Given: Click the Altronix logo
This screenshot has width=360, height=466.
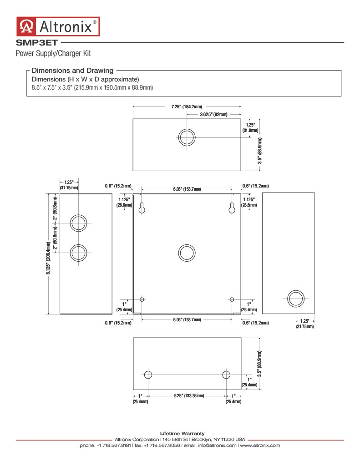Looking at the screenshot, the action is click(x=58, y=26).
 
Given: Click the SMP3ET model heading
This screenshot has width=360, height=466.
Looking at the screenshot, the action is click(x=36, y=43).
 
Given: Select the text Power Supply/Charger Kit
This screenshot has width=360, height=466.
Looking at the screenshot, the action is click(x=53, y=54).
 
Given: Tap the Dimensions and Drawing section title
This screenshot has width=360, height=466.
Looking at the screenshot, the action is click(x=72, y=71).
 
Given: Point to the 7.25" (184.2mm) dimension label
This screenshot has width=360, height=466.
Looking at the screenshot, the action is click(x=187, y=106).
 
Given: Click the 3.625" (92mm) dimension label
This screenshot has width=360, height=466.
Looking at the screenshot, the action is click(x=214, y=114).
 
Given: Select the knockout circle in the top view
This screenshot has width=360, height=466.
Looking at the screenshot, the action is click(x=187, y=137).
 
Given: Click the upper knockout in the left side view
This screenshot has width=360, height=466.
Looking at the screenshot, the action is click(x=78, y=223).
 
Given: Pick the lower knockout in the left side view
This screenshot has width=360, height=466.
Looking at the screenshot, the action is click(x=78, y=253).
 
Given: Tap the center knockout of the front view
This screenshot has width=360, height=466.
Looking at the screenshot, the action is click(x=187, y=253).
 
